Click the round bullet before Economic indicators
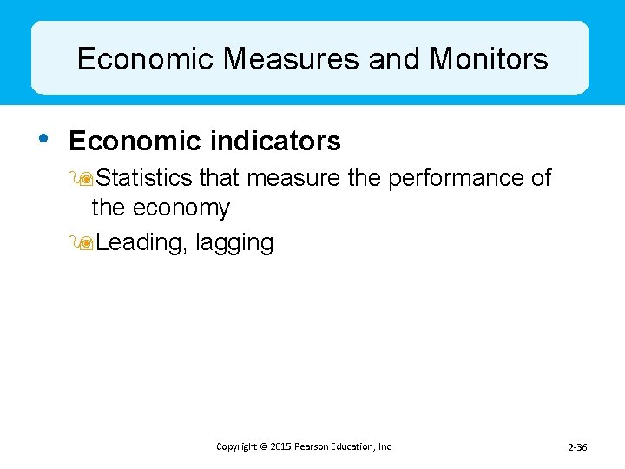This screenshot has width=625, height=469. pyautogui.click(x=44, y=138)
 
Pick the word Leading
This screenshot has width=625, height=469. pyautogui.click(x=140, y=243)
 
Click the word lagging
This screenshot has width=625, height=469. pyautogui.click(x=234, y=244)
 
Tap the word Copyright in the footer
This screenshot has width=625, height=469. pyautogui.click(x=236, y=446)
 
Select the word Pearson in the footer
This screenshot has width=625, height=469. pyautogui.click(x=316, y=446)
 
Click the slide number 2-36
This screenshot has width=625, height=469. pyautogui.click(x=577, y=447)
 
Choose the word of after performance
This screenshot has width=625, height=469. pyautogui.click(x=541, y=178)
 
